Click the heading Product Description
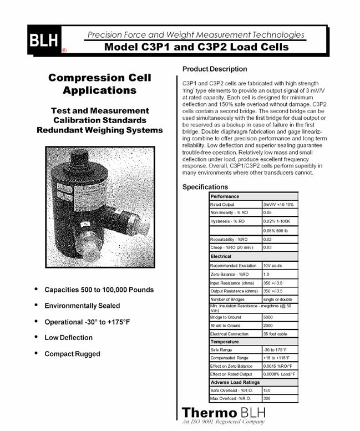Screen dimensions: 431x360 (215, 69)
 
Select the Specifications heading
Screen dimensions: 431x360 (205, 187)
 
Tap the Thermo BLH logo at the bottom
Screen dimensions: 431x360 (224, 413)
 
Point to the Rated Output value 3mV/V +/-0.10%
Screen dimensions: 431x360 (280, 205)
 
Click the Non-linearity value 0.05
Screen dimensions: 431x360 (268, 212)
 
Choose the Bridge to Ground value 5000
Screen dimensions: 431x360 (269, 317)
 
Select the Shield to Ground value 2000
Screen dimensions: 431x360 (269, 326)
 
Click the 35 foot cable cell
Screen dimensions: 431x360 (275, 334)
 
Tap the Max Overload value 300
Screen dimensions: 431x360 (267, 398)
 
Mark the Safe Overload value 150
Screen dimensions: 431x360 (267, 391)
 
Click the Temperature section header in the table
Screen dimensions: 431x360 (225, 342)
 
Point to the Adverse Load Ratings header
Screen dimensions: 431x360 (235, 382)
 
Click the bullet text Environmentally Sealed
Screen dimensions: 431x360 (82, 306)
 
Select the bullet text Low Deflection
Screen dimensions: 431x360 (68, 337)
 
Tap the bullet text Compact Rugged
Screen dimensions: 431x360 (72, 354)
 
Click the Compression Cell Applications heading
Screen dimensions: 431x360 (99, 84)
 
